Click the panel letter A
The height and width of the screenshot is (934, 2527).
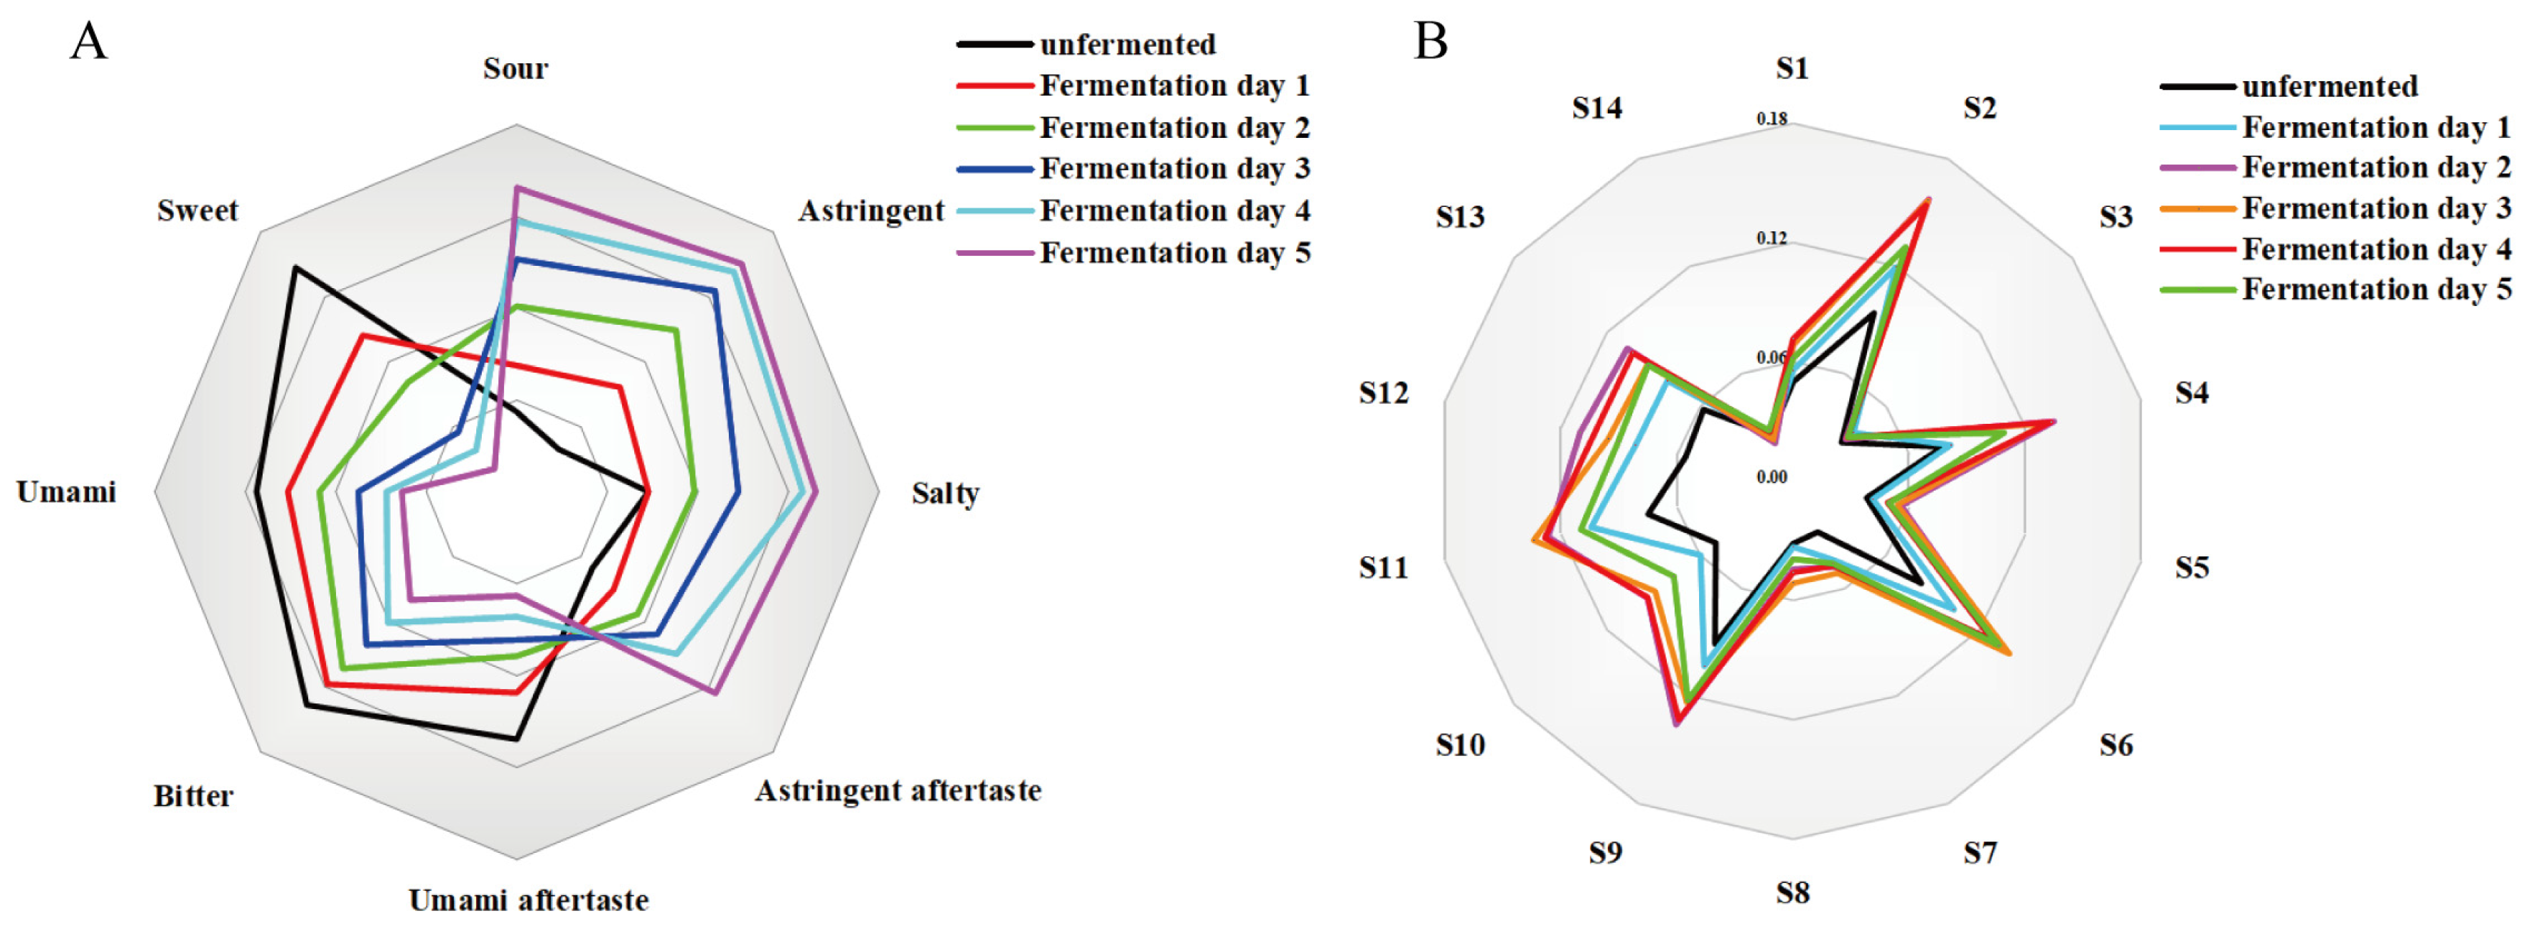tap(88, 42)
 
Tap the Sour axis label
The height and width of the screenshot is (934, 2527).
tap(515, 69)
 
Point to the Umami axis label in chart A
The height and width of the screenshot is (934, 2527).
tap(66, 491)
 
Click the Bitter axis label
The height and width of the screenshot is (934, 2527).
tap(193, 795)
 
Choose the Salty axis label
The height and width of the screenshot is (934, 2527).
tap(945, 493)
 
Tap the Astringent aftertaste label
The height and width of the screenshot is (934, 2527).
tap(898, 791)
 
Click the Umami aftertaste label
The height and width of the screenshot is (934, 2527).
tap(528, 900)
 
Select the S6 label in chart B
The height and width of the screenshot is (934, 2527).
tap(2116, 746)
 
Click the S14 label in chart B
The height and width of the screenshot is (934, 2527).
tap(1597, 108)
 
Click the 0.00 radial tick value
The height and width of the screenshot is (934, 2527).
tap(1772, 478)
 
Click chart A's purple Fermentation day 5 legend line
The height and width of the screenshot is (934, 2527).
tap(995, 253)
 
